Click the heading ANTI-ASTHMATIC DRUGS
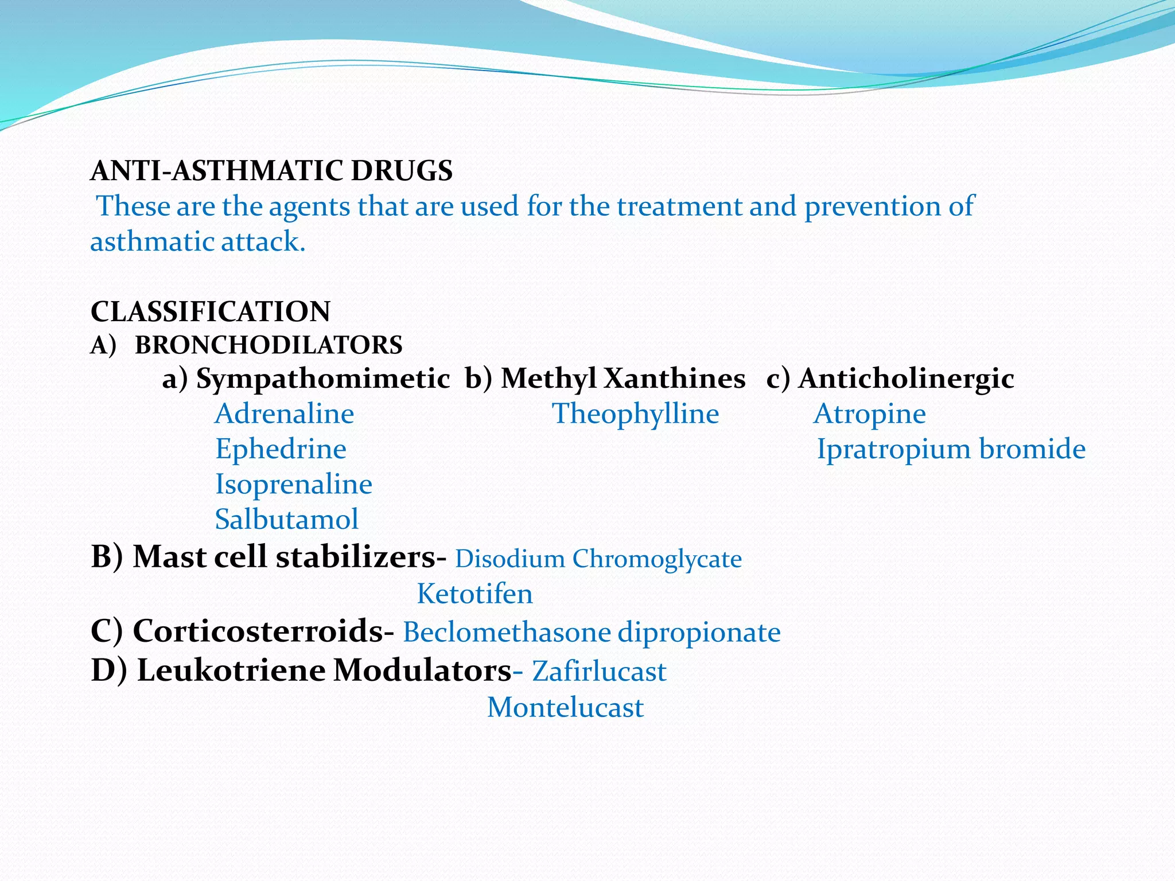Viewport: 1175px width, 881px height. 271,171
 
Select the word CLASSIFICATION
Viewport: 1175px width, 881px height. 211,311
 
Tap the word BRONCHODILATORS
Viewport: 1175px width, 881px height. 269,345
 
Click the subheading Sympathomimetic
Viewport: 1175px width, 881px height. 322,379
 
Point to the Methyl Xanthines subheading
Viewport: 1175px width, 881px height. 622,379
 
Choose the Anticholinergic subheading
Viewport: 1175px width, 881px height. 906,379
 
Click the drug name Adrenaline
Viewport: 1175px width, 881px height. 285,414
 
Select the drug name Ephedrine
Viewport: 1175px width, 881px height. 281,449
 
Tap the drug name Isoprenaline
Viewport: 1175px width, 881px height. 294,485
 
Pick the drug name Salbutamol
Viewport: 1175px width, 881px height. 287,520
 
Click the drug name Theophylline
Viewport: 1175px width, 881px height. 635,414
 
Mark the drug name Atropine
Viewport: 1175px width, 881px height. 870,414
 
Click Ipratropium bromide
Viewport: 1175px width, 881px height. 951,449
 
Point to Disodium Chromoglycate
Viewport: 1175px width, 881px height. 598,559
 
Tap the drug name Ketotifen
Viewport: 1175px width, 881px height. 474,594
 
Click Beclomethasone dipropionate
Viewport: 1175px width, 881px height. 592,633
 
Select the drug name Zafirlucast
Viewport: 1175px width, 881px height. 599,672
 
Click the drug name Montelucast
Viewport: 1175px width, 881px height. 565,708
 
